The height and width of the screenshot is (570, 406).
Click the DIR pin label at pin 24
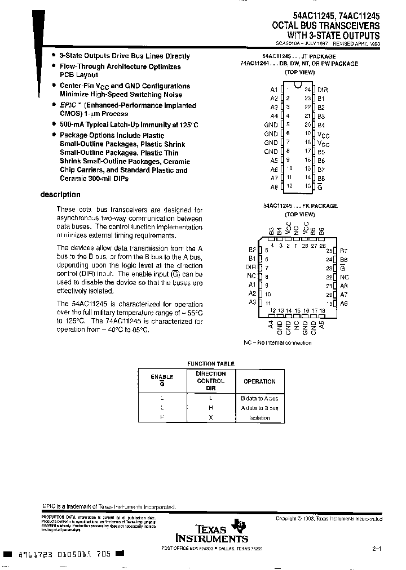pos(323,90)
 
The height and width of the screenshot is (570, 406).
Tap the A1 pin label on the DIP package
pos(273,90)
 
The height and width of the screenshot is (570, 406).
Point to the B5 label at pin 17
pos(321,151)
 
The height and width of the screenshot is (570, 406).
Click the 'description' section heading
pos(60,195)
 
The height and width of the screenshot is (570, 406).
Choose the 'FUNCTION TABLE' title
pos(210,364)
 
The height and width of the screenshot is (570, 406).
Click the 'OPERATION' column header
pos(259,381)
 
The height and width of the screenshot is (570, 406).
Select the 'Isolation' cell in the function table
pos(259,418)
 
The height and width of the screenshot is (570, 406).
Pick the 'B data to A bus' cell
pos(259,398)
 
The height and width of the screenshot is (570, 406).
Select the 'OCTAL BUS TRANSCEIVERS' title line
pos(326,26)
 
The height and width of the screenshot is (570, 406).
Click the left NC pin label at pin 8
pos(252,277)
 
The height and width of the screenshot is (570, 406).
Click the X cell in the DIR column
pos(210,418)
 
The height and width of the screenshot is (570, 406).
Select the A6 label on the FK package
pos(344,303)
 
